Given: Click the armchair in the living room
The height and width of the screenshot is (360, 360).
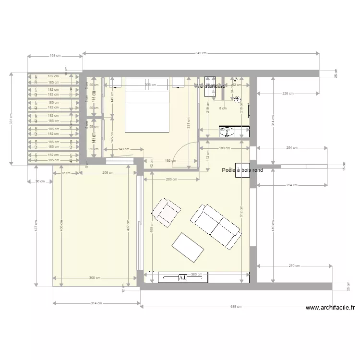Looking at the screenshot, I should coord(166,212).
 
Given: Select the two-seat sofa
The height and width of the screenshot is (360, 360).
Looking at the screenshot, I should coord(216,226).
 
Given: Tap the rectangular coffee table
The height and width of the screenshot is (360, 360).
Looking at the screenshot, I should coord(188,248).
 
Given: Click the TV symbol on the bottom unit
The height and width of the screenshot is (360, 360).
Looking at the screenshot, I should coord(182,277).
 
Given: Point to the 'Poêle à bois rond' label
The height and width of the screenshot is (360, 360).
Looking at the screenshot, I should coord(242,170).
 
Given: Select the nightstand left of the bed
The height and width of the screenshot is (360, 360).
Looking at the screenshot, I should coord(115,83).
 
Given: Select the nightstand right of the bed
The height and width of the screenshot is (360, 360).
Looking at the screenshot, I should coord(179,83).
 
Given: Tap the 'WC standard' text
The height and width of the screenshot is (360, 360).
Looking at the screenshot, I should coord(210,87).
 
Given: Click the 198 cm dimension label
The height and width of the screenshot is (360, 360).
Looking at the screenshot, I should coord(55,56).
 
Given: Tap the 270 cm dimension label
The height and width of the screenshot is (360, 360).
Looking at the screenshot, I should coord(295,265).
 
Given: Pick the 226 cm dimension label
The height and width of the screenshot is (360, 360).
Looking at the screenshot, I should coord(288,94).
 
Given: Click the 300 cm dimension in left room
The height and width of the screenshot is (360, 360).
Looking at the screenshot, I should coord(95,277).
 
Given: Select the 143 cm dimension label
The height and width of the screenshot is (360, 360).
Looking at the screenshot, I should coord(124,149).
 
